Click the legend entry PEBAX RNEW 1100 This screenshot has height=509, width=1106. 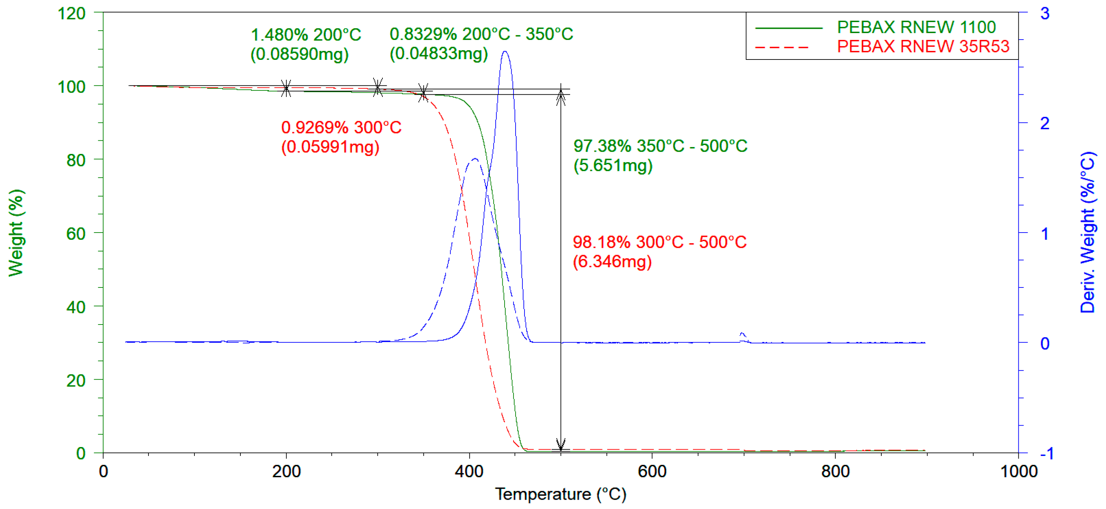pos(916,27)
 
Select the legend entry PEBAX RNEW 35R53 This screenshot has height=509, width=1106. pos(923,46)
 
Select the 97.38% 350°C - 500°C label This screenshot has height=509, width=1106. pos(660,146)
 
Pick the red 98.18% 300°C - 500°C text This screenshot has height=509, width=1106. pos(659,242)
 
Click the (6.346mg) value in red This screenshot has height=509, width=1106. pos(612,261)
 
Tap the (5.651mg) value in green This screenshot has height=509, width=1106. pos(613,165)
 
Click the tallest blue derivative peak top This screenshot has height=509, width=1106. pos(505,52)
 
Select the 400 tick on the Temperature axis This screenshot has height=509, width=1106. pos(469,472)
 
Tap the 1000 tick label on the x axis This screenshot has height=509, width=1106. pos(1018,472)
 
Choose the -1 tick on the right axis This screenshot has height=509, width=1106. pos(1047,453)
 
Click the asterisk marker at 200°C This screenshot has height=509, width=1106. pos(286,88)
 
